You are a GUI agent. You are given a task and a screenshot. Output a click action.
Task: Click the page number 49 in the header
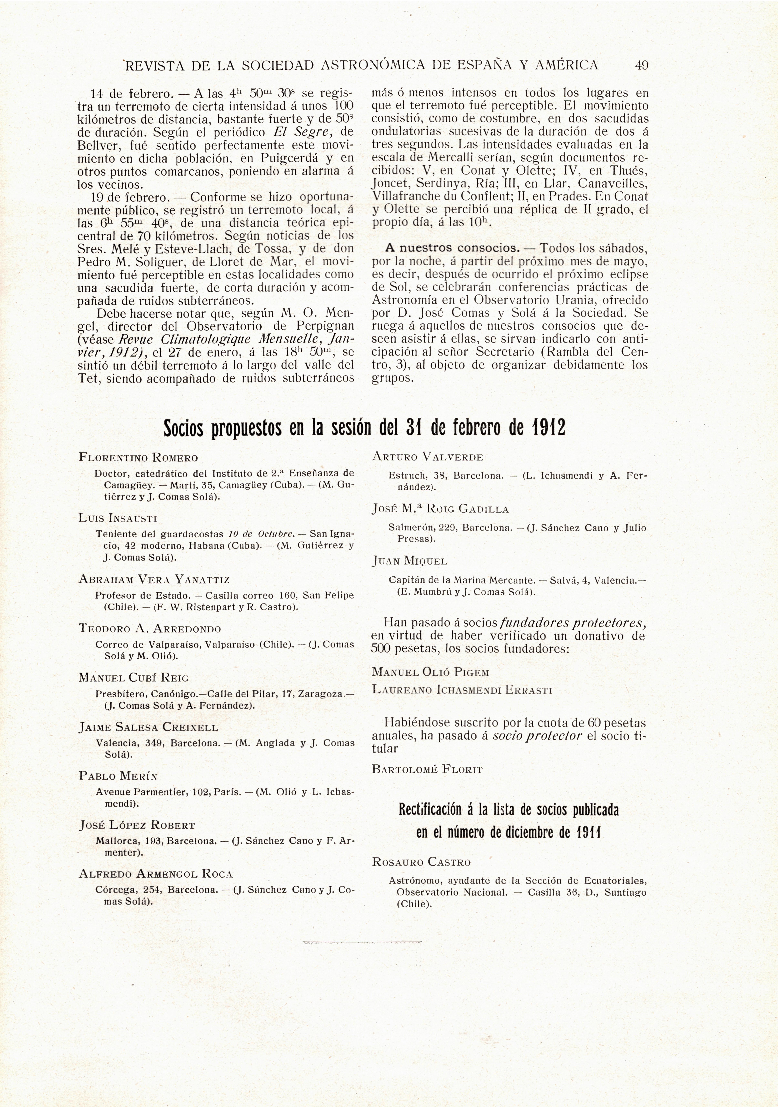(641, 65)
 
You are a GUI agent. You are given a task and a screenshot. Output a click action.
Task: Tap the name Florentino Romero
(138, 458)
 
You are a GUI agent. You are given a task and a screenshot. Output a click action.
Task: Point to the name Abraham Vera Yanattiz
(154, 580)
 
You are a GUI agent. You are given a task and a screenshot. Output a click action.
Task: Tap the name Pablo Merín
(119, 776)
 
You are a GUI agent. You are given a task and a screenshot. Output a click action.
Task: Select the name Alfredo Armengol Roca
(156, 874)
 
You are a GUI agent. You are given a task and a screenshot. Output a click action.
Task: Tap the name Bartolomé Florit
(427, 770)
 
